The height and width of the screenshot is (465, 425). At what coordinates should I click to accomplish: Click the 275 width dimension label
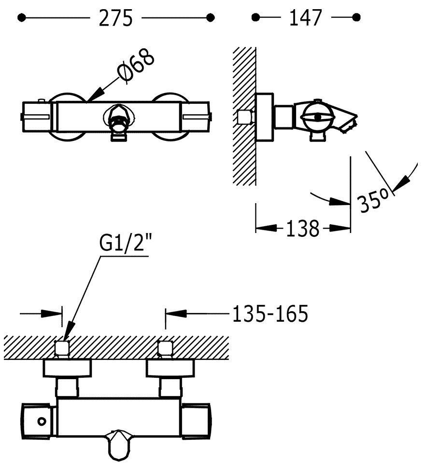point(116,18)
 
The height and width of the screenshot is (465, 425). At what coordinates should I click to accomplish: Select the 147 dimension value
point(305,18)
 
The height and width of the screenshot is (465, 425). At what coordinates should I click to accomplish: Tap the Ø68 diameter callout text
point(137,67)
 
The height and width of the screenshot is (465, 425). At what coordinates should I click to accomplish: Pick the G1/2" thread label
point(123,244)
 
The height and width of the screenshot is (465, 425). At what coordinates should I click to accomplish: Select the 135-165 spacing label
point(270,314)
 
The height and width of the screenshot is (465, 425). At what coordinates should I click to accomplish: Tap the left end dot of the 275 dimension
point(21,18)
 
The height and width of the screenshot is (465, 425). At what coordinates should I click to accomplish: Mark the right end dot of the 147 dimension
point(356,18)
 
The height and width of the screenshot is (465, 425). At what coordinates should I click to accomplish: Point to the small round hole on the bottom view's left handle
point(42,421)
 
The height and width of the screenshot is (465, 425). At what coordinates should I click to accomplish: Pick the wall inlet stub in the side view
point(247,117)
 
